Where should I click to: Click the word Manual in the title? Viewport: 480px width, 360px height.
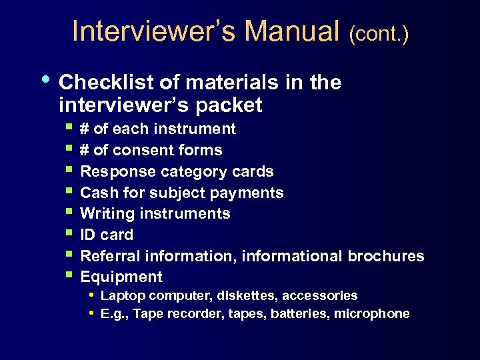(292, 32)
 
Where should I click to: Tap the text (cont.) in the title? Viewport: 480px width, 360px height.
(379, 34)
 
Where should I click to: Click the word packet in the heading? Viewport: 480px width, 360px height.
(231, 105)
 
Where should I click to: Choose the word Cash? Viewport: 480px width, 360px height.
(96, 193)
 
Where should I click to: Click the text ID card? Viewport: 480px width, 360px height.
(107, 235)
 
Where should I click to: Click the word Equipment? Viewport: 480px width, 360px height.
(121, 277)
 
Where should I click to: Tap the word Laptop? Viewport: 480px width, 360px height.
(123, 295)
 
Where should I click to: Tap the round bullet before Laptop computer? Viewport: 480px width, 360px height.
(91, 294)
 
